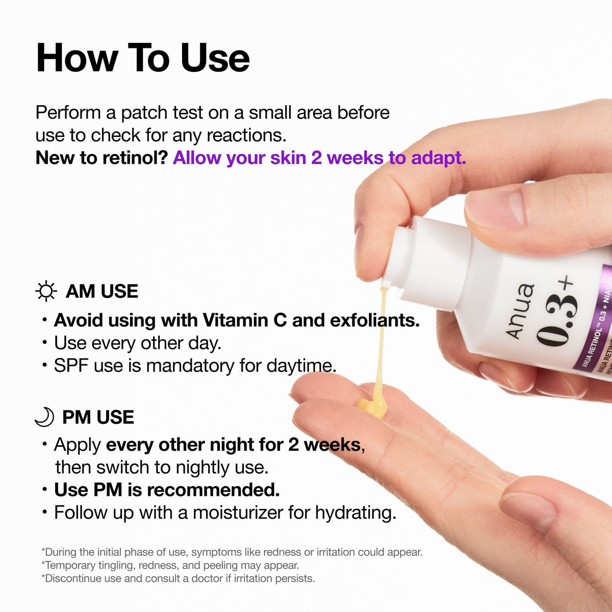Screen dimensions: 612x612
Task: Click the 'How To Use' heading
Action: coord(143,58)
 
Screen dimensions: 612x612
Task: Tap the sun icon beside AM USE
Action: coord(46,291)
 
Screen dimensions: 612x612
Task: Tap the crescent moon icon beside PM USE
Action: coord(44,417)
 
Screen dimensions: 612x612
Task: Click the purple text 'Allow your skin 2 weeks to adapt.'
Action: coord(319,158)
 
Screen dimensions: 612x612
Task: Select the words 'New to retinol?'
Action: coord(101,158)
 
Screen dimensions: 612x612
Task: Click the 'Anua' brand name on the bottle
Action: coord(520,312)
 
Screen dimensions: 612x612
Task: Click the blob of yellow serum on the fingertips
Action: coord(371,405)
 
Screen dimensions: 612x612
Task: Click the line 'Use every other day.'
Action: coord(137,343)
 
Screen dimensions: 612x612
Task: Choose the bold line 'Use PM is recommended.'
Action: coord(167,490)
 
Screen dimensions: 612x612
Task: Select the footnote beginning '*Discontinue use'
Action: coord(178,578)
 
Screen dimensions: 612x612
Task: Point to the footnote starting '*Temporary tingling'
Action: coord(171,565)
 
